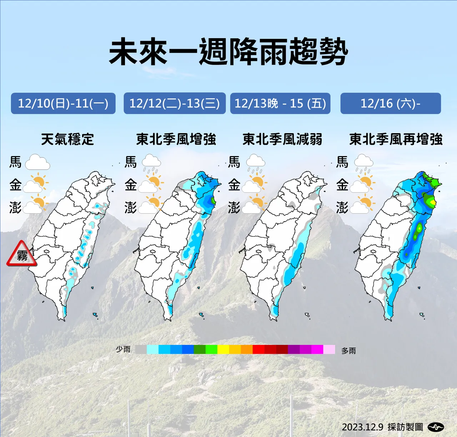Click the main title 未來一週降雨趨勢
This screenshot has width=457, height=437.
click(x=228, y=52)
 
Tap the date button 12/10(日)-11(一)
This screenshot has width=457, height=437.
click(x=63, y=104)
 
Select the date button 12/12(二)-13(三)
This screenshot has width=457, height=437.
click(x=175, y=104)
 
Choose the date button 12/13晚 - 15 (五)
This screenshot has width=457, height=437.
click(x=280, y=104)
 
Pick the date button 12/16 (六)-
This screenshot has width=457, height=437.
click(x=391, y=104)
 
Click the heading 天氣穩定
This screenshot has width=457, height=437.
click(x=67, y=139)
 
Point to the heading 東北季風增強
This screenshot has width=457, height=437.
click(x=176, y=139)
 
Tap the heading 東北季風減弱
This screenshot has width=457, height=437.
click(x=282, y=139)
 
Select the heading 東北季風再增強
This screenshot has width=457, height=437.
click(x=396, y=139)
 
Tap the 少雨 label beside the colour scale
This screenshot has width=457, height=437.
click(x=123, y=349)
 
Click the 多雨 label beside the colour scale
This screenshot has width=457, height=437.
click(x=348, y=351)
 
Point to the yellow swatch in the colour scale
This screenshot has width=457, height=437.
click(x=223, y=349)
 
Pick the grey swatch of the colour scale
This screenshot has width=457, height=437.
click(x=141, y=349)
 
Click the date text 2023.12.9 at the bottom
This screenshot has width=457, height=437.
click(x=362, y=427)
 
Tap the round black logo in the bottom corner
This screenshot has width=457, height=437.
click(x=436, y=427)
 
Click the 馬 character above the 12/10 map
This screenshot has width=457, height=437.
click(x=15, y=162)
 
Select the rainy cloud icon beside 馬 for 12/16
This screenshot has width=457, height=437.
click(x=364, y=164)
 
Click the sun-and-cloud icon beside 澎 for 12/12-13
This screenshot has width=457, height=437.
click(x=150, y=205)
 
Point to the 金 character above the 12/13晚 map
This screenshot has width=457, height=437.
click(x=234, y=185)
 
